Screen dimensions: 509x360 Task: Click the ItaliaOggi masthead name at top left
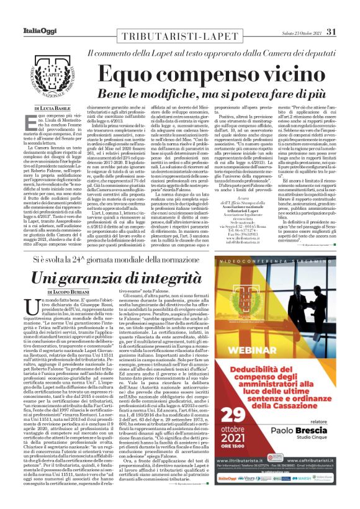tap(29, 15)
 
